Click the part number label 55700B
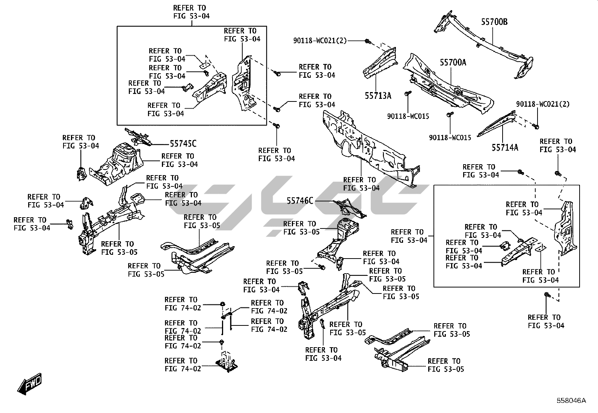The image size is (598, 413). click(x=494, y=22)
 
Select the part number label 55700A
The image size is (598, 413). click(x=453, y=62)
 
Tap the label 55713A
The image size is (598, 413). click(x=378, y=96)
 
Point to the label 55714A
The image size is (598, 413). click(x=505, y=147)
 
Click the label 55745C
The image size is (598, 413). click(x=183, y=144)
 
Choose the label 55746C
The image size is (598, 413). click(x=300, y=201)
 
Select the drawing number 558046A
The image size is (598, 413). click(x=571, y=401)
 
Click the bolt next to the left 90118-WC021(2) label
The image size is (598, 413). click(x=368, y=41)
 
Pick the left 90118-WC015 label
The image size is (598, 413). click(x=408, y=116)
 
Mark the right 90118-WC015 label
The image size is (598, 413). click(x=450, y=138)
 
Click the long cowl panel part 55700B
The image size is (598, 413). click(x=485, y=41)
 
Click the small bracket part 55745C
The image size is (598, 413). click(x=139, y=137)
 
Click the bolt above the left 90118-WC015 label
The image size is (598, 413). click(x=407, y=94)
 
